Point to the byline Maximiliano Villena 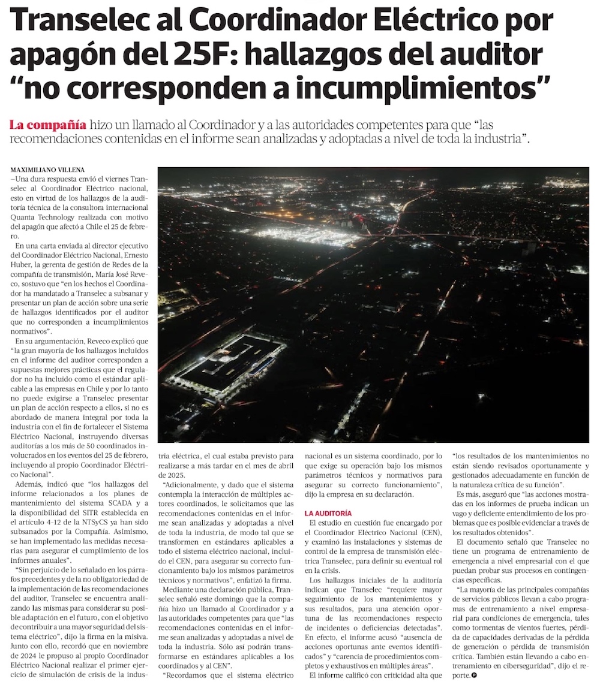click(48, 170)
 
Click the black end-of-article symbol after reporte click(475, 675)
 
